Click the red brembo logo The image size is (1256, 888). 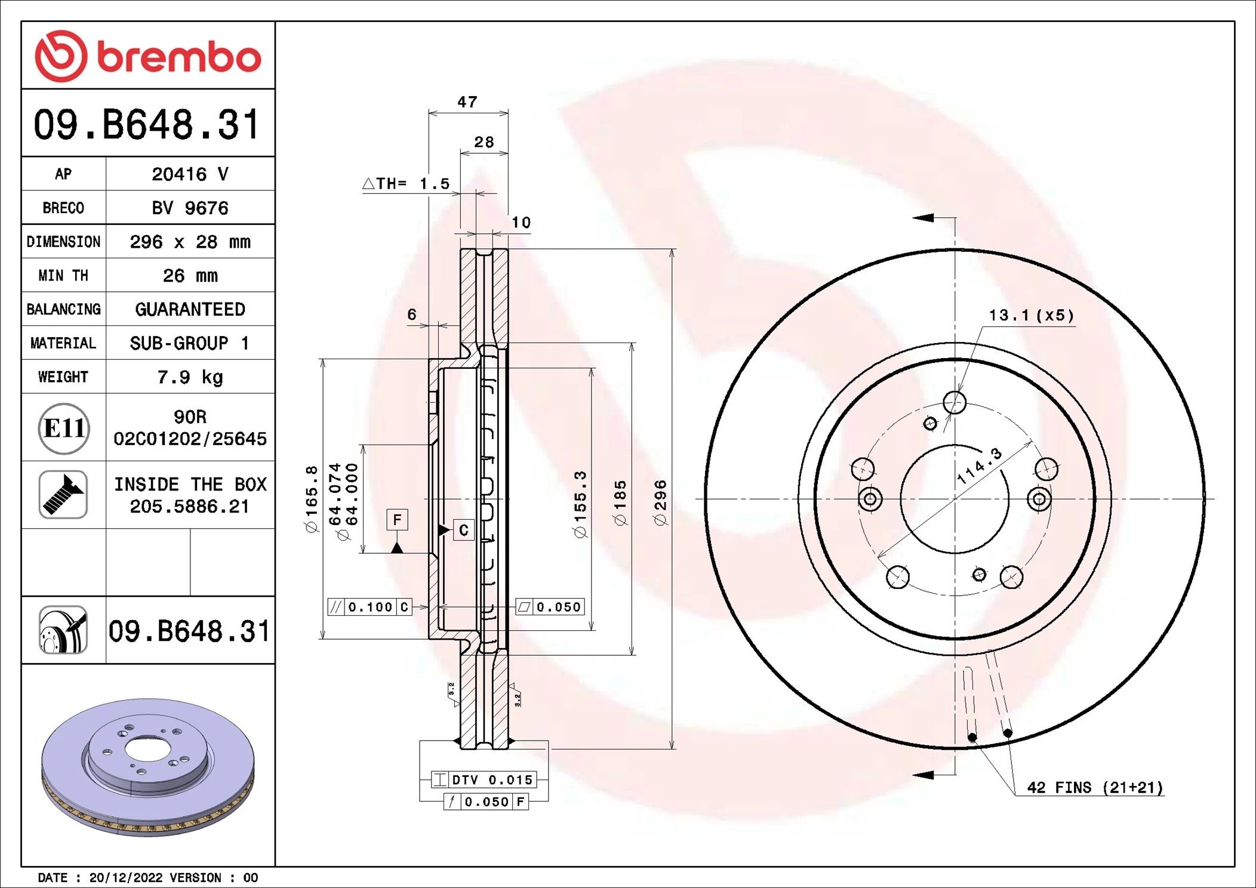pos(148,55)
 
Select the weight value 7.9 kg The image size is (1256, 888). pos(190,377)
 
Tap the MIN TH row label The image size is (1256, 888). pos(63,275)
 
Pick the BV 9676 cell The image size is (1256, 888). pos(190,208)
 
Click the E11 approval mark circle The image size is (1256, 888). pos(64,428)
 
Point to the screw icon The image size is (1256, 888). pos(63,495)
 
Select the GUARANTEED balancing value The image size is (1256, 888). pos(190,309)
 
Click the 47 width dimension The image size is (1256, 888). pos(467,102)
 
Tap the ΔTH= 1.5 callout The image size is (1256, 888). pos(406,183)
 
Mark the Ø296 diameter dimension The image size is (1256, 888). pos(660,502)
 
